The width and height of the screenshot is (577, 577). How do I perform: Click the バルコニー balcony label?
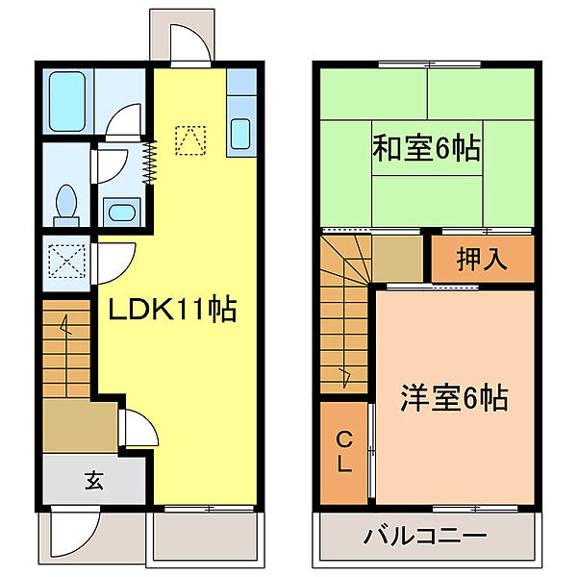tap(425, 536)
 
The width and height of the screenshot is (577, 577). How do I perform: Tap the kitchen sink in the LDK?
tap(240, 134)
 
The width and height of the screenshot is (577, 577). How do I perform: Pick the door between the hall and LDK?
tap(135, 429)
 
